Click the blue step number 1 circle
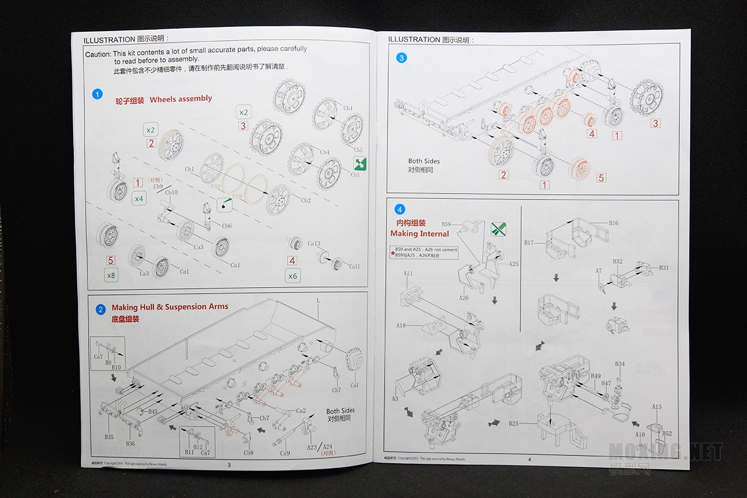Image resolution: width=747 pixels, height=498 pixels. [98, 94]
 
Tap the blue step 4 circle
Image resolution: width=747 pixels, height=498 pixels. [400, 209]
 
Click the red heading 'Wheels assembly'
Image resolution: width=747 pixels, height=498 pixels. [181, 99]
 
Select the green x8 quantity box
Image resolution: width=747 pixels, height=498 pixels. [111, 275]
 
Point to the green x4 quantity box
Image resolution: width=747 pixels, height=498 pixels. [139, 198]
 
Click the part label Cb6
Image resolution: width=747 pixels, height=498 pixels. [226, 226]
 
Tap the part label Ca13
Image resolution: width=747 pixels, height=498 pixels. [314, 244]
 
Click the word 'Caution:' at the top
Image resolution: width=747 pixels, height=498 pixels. [98, 54]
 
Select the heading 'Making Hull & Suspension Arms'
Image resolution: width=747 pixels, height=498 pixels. [170, 307]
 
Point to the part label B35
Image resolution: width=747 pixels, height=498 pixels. [109, 437]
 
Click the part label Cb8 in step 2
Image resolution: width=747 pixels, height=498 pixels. [249, 452]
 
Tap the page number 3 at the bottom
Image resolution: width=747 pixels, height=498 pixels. [228, 464]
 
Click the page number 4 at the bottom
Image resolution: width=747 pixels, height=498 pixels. [530, 460]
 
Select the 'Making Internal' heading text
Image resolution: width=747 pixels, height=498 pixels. [419, 234]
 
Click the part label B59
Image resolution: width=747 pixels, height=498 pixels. [446, 224]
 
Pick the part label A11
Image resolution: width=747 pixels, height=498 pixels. [408, 273]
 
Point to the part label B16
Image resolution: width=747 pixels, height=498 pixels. [613, 223]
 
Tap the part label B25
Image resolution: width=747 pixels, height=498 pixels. [513, 424]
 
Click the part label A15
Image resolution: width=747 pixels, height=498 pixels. [657, 408]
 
